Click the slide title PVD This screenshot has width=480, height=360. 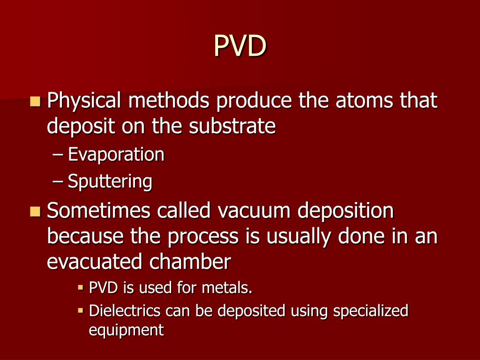(x=240, y=45)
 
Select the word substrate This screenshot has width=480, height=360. (x=232, y=126)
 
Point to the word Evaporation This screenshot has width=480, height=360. (x=116, y=154)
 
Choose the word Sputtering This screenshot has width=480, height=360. (x=110, y=181)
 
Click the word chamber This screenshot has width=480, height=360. (x=190, y=262)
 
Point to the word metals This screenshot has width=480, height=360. (x=227, y=288)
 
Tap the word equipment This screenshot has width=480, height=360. (x=127, y=330)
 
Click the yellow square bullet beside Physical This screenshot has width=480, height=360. (x=35, y=101)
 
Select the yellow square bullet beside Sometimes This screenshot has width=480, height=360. (x=35, y=211)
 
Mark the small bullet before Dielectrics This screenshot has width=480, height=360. (x=81, y=310)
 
